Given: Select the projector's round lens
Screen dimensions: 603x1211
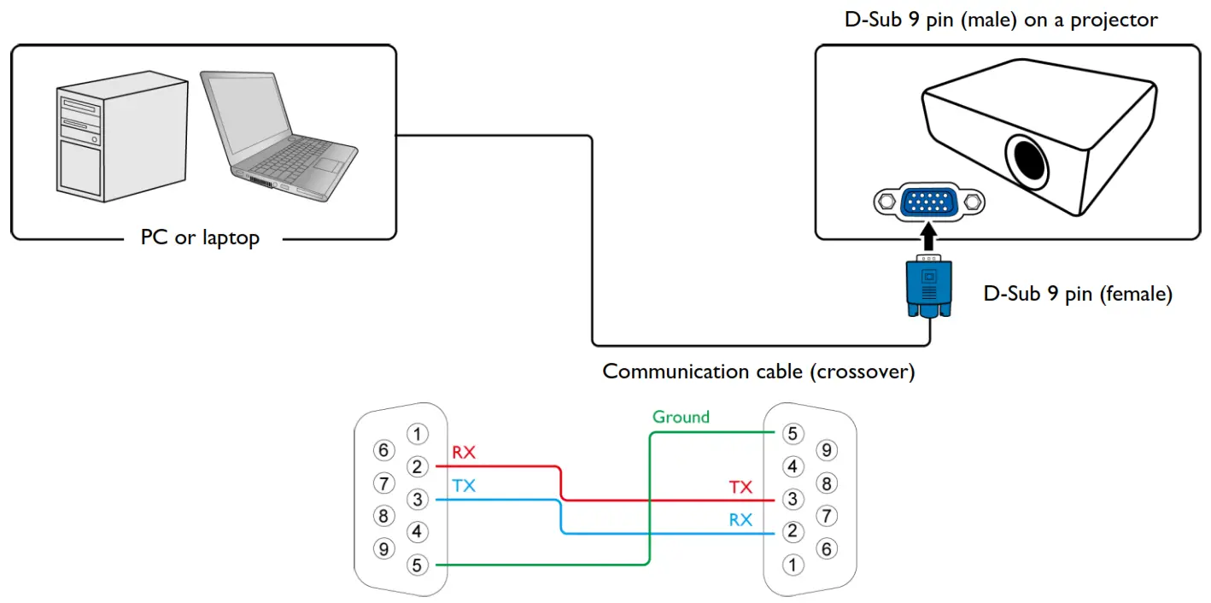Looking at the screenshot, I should pyautogui.click(x=1027, y=159).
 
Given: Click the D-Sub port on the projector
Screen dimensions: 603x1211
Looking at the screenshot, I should pyautogui.click(x=929, y=202).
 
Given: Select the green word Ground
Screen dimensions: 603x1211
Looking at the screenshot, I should pyautogui.click(x=681, y=417).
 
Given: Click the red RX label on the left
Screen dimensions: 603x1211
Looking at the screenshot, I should pyautogui.click(x=463, y=453).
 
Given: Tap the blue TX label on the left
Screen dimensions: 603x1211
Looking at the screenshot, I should pyautogui.click(x=463, y=486).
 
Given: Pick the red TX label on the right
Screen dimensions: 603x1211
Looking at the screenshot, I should pyautogui.click(x=740, y=487).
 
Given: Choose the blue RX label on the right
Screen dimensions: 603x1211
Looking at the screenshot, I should pyautogui.click(x=740, y=519).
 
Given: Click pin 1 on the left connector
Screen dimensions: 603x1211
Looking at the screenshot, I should pyautogui.click(x=416, y=434).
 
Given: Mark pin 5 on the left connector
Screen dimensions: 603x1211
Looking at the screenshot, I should pyautogui.click(x=416, y=565).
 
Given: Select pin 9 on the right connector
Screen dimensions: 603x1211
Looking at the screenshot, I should pyautogui.click(x=825, y=450).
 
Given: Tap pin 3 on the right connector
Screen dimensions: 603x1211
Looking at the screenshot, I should pyautogui.click(x=793, y=499).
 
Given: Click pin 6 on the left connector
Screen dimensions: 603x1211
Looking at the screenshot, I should pyautogui.click(x=384, y=450).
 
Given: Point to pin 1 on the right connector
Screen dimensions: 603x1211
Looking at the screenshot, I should pyautogui.click(x=793, y=564).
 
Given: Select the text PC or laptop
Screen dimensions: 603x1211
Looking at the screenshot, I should pyautogui.click(x=200, y=238).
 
